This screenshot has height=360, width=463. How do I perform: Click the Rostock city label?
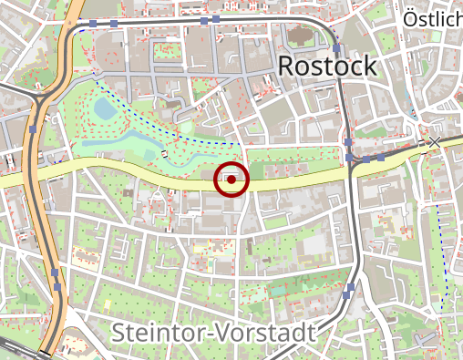click(x=326, y=67)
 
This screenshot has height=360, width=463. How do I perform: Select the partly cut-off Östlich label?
click(x=432, y=18)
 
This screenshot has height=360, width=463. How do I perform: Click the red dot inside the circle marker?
click(x=231, y=180)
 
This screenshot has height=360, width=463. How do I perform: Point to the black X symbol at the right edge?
click(x=435, y=142)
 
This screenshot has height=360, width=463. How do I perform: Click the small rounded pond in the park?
click(x=105, y=110)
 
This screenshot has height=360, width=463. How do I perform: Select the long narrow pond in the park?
click(x=118, y=143)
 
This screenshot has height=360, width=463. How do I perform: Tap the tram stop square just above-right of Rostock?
click(x=336, y=48)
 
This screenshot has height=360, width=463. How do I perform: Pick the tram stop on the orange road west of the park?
click(x=33, y=129)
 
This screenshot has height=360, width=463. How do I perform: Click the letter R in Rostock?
click(x=286, y=67)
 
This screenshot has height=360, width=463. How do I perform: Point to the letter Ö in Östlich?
click(x=410, y=17)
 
